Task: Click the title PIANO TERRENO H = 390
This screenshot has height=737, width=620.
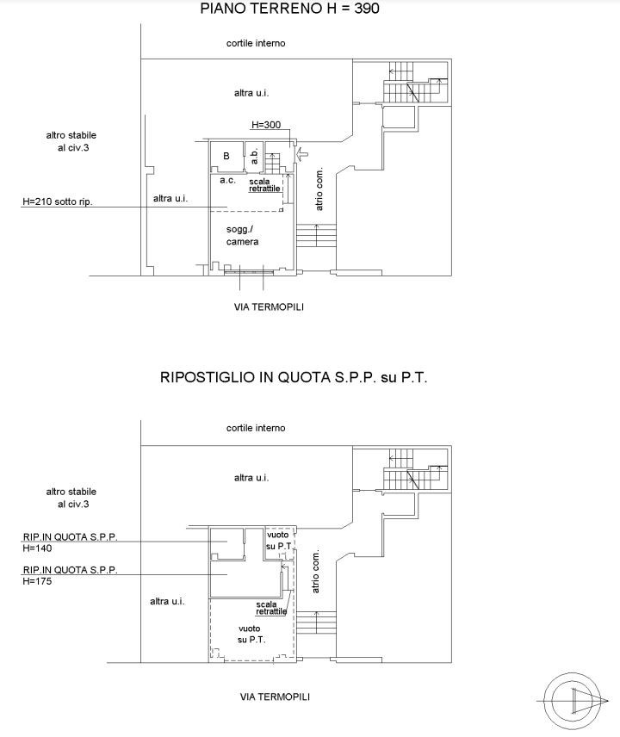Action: pos(289,9)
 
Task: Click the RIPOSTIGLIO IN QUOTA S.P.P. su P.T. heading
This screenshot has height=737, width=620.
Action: pos(294,377)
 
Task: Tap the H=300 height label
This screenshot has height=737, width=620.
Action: pos(266,125)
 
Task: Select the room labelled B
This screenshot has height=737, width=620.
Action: pos(226,156)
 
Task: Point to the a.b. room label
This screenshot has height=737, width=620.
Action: pos(254,156)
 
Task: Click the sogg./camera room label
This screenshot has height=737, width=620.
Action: pos(242,236)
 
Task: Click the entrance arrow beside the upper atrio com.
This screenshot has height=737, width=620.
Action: pos(301,153)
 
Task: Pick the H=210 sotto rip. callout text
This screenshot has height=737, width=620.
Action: pos(58,202)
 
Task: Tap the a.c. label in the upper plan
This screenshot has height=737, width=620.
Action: pos(227,180)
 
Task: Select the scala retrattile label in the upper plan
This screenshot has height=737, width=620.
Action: pos(264,185)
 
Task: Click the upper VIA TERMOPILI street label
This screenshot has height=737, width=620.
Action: pos(269,307)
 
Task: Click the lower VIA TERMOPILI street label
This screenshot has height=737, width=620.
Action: pos(275,697)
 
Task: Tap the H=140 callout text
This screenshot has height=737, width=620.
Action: pos(37,548)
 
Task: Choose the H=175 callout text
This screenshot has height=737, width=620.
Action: pos(37,581)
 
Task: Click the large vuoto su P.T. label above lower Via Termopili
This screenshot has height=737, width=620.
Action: pos(251,634)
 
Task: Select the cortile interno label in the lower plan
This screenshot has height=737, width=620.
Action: pos(256,428)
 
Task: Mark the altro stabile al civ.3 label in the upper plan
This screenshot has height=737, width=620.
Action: pos(71,141)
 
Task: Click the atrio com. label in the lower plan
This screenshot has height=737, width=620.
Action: pos(315,571)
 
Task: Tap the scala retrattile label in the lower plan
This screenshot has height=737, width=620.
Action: pos(271,608)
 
